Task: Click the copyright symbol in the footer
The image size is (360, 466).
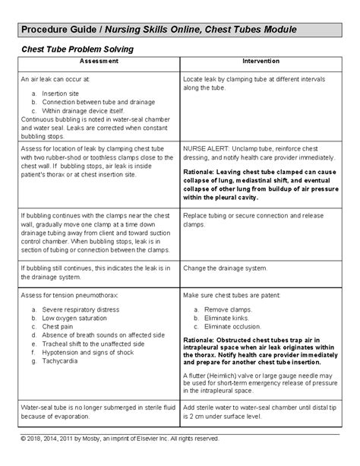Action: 24,439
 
